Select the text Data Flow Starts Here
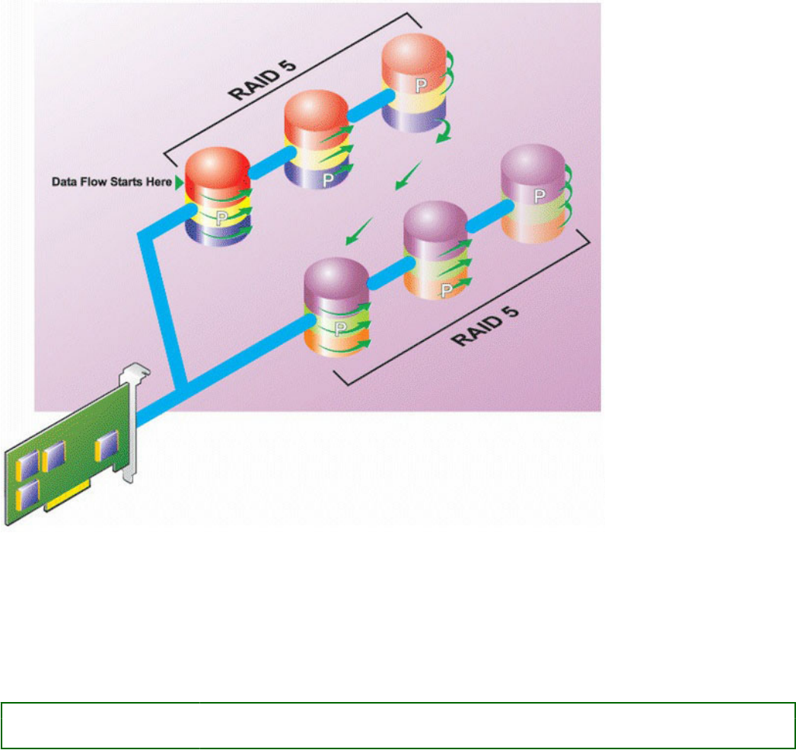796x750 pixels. click(x=111, y=183)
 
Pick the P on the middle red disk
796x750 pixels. click(x=326, y=180)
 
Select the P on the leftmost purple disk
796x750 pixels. click(x=338, y=328)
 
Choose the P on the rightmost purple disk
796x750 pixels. click(x=539, y=196)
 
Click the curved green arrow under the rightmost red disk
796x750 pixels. click(x=442, y=134)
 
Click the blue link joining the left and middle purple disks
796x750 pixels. click(x=385, y=279)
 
